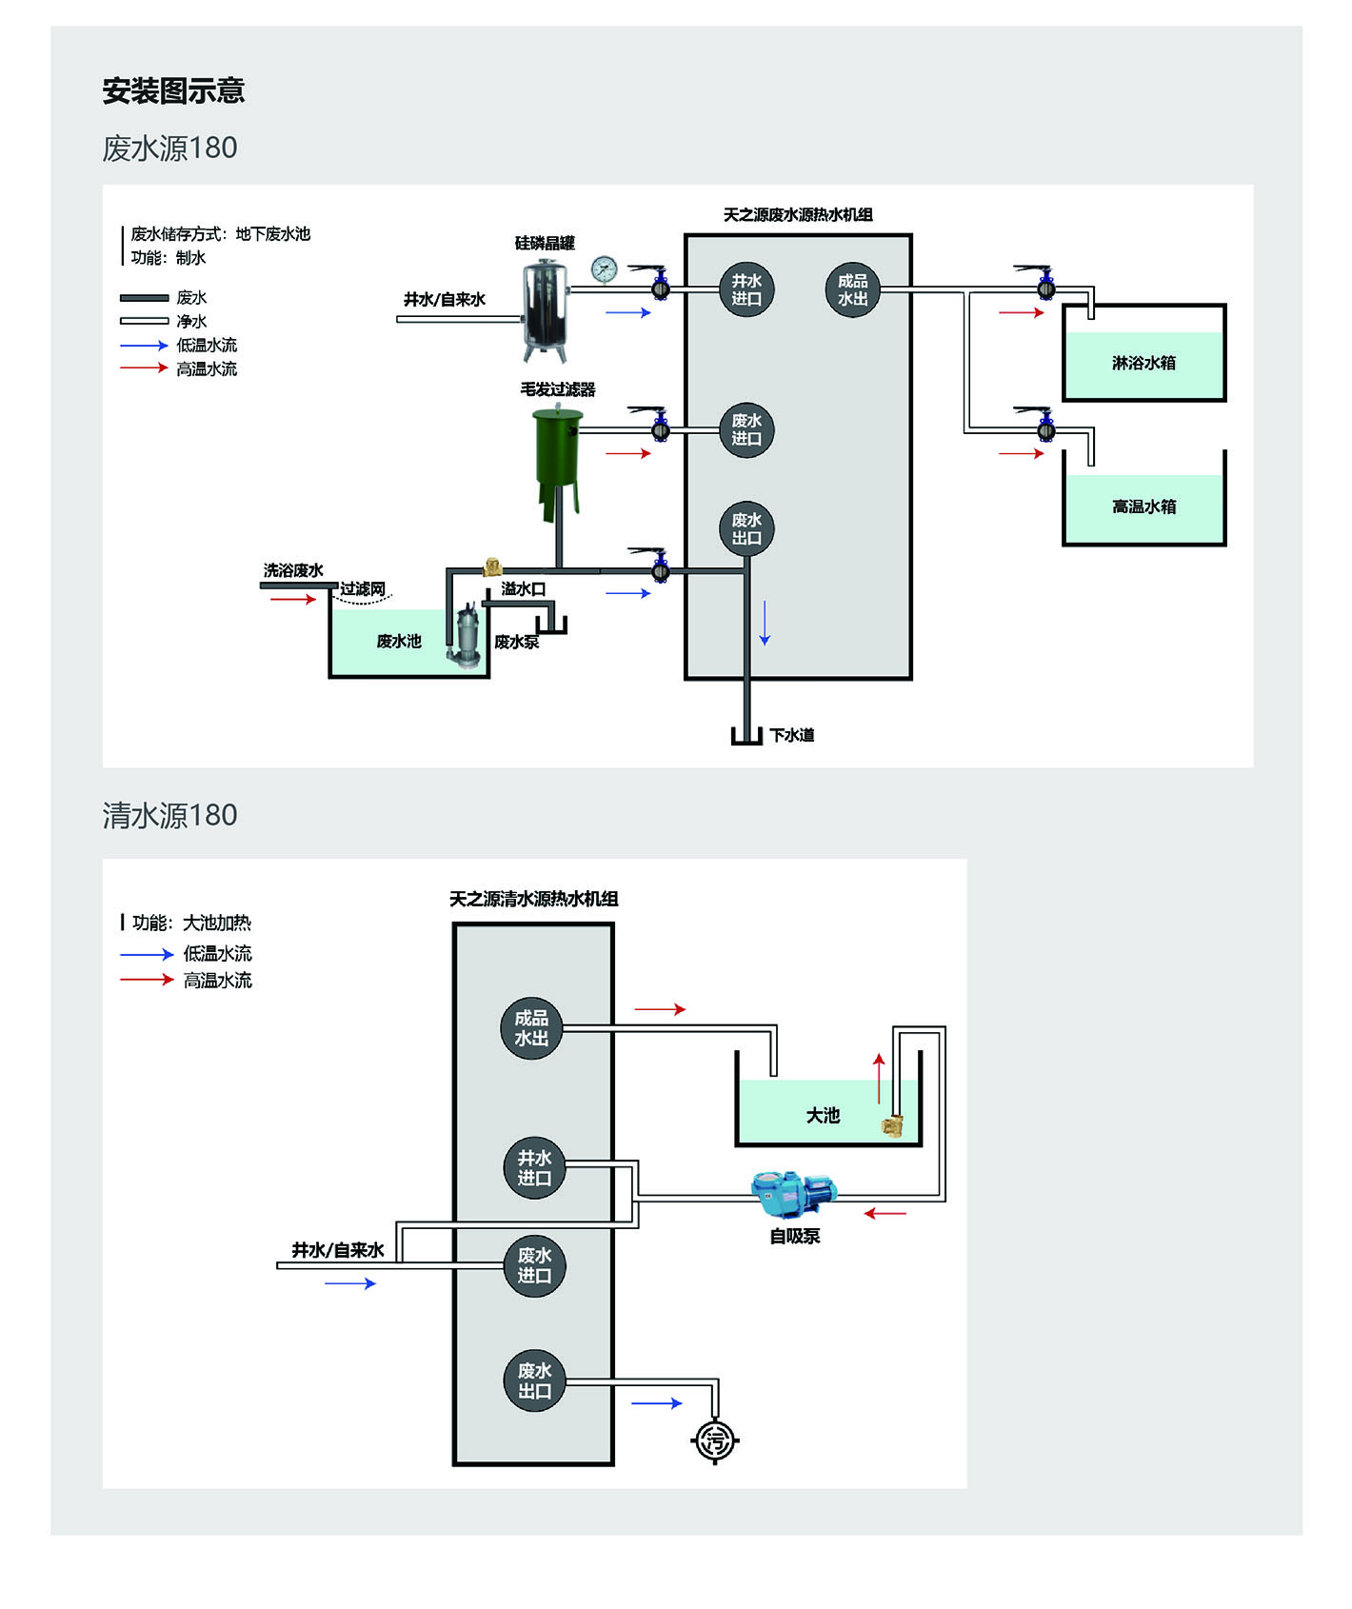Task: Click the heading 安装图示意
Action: [x=173, y=91]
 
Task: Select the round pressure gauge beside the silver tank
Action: [x=604, y=269]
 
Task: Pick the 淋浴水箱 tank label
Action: [x=1143, y=363]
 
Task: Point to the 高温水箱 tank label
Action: [x=1143, y=507]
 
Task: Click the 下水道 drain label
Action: [x=792, y=735]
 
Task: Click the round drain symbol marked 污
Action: [x=714, y=1440]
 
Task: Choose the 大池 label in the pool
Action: [x=823, y=1115]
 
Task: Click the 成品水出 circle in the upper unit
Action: [x=852, y=289]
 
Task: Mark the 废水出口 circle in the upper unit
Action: [x=746, y=528]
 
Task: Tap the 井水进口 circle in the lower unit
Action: [x=534, y=1167]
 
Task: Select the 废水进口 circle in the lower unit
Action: [x=534, y=1265]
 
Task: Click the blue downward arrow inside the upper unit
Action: [x=764, y=624]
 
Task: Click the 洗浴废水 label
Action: [x=293, y=570]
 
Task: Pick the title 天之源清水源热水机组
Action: [x=533, y=899]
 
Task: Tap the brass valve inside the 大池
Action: [x=892, y=1126]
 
